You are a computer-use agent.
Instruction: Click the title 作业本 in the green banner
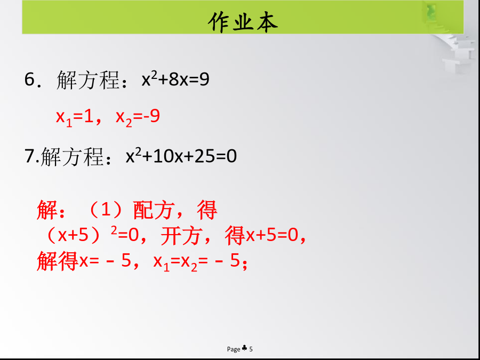(243, 22)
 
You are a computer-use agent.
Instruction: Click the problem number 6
(30, 79)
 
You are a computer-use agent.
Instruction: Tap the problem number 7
(30, 156)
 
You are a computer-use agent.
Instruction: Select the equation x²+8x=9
(175, 79)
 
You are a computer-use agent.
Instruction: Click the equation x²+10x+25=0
(181, 156)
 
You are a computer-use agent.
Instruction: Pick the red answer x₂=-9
(138, 117)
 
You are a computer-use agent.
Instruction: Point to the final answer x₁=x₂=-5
(196, 262)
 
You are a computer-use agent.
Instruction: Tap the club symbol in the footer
(245, 348)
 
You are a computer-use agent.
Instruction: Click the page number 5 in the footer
(251, 349)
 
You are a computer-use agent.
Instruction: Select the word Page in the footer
(234, 349)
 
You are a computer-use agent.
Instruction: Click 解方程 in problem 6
(88, 80)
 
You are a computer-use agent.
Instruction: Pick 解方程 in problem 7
(72, 156)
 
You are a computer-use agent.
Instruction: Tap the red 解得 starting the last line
(58, 262)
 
